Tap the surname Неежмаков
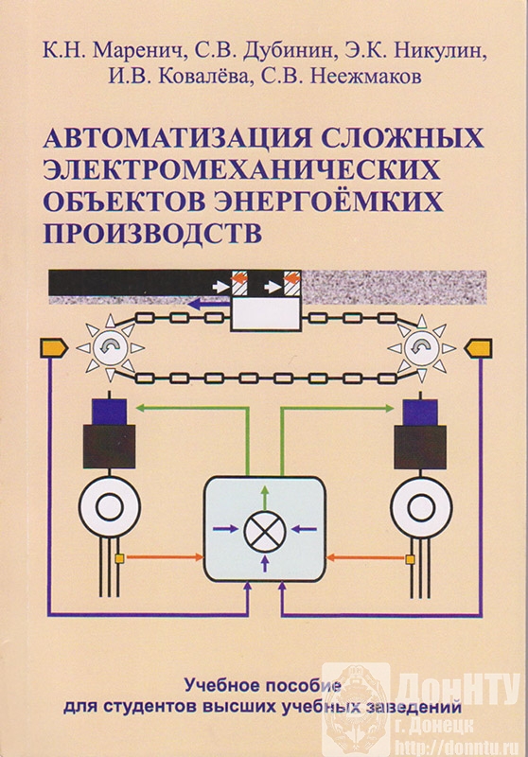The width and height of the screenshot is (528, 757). [x=365, y=78]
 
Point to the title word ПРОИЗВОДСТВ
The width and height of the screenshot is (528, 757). [x=153, y=232]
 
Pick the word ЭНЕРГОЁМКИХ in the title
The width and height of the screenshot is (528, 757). [x=328, y=202]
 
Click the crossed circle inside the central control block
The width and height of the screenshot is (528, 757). [x=265, y=530]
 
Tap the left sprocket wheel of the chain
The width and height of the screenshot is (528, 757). [x=111, y=347]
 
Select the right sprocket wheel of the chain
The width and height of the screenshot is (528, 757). [x=421, y=347]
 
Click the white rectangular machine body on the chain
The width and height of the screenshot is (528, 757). [x=265, y=313]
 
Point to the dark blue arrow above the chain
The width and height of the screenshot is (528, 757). [x=207, y=304]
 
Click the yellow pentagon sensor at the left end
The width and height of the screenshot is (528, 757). [x=54, y=347]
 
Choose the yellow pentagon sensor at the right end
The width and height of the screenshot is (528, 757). [x=478, y=347]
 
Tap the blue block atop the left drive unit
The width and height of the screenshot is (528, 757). [x=111, y=412]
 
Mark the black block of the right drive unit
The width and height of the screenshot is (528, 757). [x=419, y=447]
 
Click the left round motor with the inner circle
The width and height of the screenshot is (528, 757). [x=110, y=507]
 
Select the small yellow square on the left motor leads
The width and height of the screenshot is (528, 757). [x=119, y=558]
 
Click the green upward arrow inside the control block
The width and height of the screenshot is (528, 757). [x=265, y=495]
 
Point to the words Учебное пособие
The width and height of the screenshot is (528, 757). [x=263, y=685]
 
